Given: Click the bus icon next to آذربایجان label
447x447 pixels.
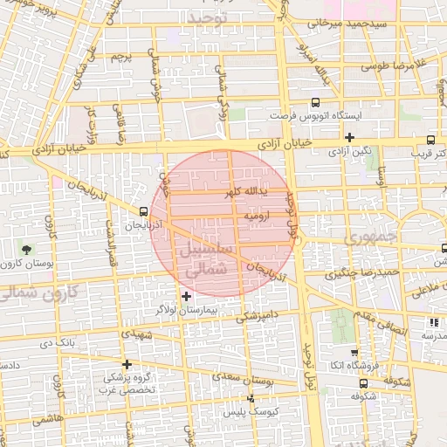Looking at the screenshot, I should tap(143, 210).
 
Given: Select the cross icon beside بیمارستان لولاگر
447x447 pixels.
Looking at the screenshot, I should tap(185, 297).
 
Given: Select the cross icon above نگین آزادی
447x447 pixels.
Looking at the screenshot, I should tap(348, 137).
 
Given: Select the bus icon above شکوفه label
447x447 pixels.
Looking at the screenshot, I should tap(363, 383).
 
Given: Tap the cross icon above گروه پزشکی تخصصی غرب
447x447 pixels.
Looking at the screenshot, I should tap(127, 364).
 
